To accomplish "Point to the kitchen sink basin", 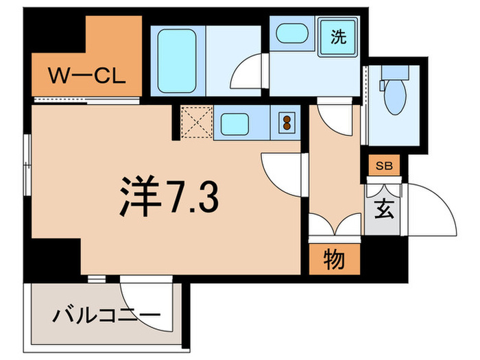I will click(x=237, y=125).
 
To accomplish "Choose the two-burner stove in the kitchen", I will click(x=285, y=123).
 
